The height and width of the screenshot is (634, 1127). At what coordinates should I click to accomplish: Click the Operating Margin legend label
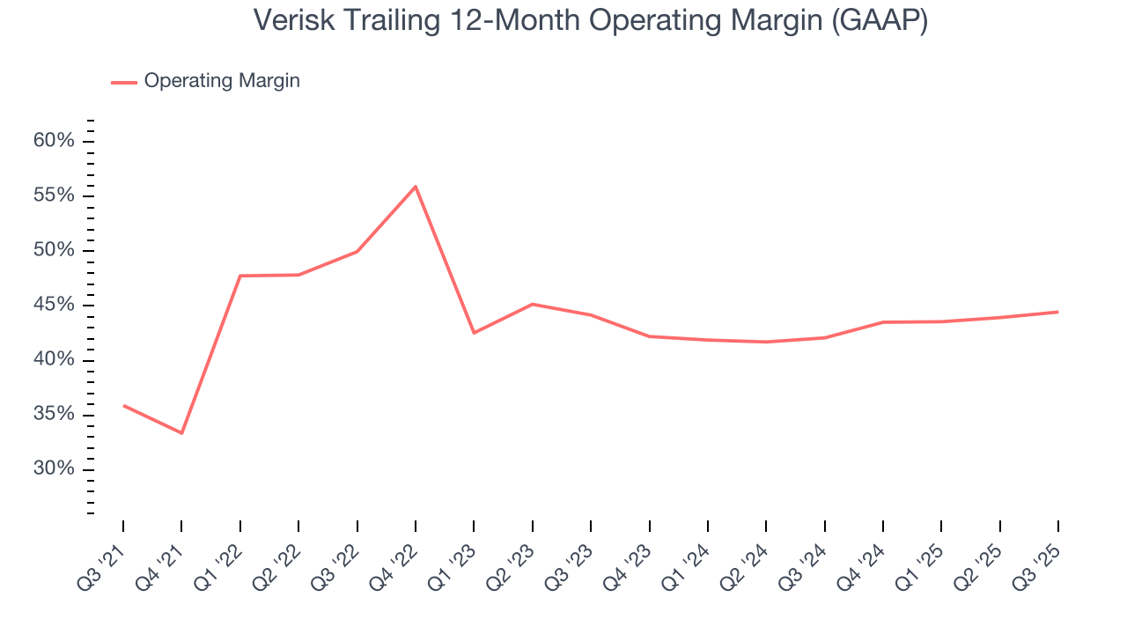222,81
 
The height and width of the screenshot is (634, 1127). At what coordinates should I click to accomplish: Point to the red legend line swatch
123,82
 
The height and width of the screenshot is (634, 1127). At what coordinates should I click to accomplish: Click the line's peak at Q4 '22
416,187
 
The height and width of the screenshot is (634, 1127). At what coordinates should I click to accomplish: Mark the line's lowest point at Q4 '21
181,433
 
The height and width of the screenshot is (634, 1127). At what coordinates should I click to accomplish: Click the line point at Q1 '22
240,276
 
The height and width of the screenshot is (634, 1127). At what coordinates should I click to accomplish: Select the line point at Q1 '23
474,333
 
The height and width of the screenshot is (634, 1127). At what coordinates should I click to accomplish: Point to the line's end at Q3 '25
1057,312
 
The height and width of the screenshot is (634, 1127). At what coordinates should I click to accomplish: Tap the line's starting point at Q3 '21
123,405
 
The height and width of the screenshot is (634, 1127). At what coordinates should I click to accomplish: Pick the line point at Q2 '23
532,304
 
